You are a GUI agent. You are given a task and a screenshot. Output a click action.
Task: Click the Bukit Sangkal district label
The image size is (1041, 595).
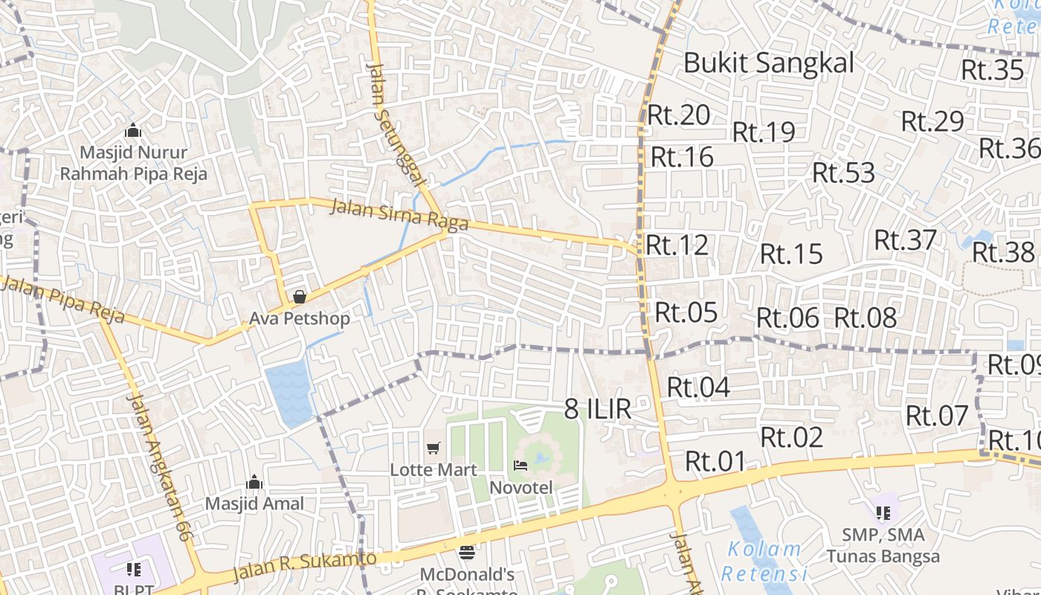pyautogui.click(x=769, y=63)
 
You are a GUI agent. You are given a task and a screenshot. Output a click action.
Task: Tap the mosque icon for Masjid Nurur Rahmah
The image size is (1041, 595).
pyautogui.click(x=133, y=131)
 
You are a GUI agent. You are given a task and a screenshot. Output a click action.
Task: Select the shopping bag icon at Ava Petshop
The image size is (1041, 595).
pyautogui.click(x=299, y=297)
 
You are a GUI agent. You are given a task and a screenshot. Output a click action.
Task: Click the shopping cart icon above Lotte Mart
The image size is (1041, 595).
pyautogui.click(x=434, y=448)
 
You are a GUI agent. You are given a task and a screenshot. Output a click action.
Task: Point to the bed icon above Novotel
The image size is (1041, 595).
pyautogui.click(x=520, y=466)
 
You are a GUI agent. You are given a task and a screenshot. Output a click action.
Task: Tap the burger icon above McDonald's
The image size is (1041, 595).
pyautogui.click(x=467, y=553)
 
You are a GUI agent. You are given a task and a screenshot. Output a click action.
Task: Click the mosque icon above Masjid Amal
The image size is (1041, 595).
pyautogui.click(x=254, y=482)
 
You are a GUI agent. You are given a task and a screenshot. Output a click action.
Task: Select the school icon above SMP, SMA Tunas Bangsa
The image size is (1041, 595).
pyautogui.click(x=883, y=512)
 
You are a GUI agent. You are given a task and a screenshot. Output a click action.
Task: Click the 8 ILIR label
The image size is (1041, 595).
pyautogui.click(x=598, y=409)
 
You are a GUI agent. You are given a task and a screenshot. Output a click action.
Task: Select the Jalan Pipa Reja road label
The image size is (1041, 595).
pyautogui.click(x=62, y=300)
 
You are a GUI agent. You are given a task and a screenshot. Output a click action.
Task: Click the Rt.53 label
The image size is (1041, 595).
pyautogui.click(x=843, y=173)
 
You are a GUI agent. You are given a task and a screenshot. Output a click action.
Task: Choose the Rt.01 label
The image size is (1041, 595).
pyautogui.click(x=715, y=461)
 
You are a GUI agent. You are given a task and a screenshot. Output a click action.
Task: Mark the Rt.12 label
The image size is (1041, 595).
pyautogui.click(x=677, y=245)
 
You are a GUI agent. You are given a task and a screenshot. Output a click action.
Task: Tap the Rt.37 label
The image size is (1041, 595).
pyautogui.click(x=905, y=240)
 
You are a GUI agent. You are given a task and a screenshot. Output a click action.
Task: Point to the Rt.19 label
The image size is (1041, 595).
pyautogui.click(x=764, y=132)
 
